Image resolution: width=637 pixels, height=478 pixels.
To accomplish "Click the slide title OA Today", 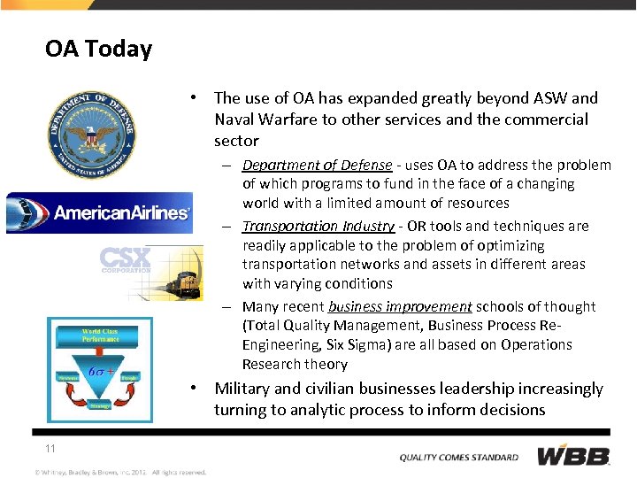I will [x=98, y=49].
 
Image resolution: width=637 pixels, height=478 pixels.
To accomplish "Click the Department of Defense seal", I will [x=92, y=134].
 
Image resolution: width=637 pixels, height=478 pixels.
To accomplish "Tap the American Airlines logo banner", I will [x=99, y=212].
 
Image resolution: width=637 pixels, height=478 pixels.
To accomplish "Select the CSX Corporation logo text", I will [x=126, y=260].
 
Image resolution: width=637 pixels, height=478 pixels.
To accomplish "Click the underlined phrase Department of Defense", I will [x=317, y=166].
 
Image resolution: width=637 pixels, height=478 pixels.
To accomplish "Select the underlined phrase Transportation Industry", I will [x=318, y=227].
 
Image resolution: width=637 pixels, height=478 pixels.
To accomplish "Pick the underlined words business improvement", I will [x=400, y=307].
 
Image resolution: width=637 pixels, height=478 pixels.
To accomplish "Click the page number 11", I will [x=50, y=449].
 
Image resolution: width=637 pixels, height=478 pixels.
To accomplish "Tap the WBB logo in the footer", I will [x=573, y=456].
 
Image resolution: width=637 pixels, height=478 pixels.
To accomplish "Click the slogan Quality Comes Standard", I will [x=459, y=457].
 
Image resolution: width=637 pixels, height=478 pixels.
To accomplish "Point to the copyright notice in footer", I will [x=120, y=472].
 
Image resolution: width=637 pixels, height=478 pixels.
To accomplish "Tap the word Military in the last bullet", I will [x=245, y=389].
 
